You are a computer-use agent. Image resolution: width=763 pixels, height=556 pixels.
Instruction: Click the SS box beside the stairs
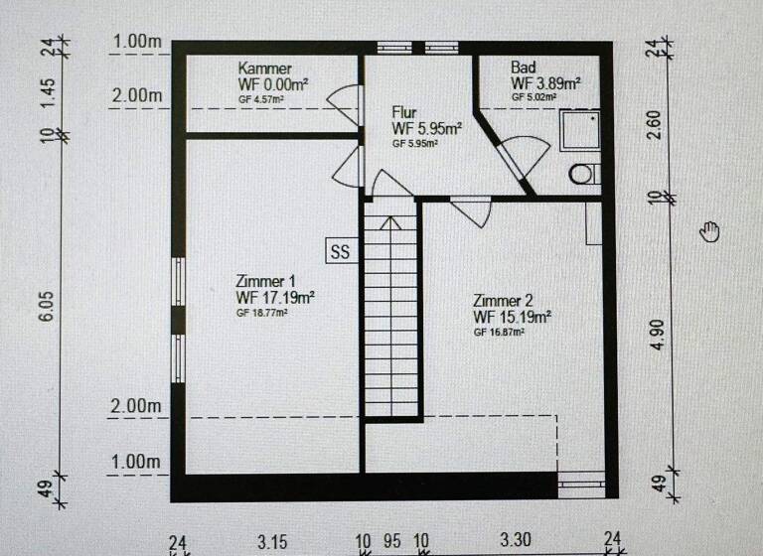coord(340,251)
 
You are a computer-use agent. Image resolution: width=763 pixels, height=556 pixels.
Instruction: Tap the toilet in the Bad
coord(583,175)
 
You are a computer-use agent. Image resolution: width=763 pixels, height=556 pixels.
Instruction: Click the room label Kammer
coord(264,69)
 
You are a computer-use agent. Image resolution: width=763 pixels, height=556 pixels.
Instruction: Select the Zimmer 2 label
coord(504,301)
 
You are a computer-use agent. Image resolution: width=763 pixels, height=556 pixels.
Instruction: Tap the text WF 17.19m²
coord(276,297)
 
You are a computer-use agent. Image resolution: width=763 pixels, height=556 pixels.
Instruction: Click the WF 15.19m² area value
coord(513,318)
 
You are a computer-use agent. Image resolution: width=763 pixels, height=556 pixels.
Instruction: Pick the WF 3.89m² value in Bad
coord(546,83)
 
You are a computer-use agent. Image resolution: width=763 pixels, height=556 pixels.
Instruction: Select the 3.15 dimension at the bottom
coord(272,542)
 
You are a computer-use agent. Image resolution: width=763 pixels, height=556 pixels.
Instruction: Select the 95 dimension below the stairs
coord(392,542)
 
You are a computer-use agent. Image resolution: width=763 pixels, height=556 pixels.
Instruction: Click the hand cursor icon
coord(709,231)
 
